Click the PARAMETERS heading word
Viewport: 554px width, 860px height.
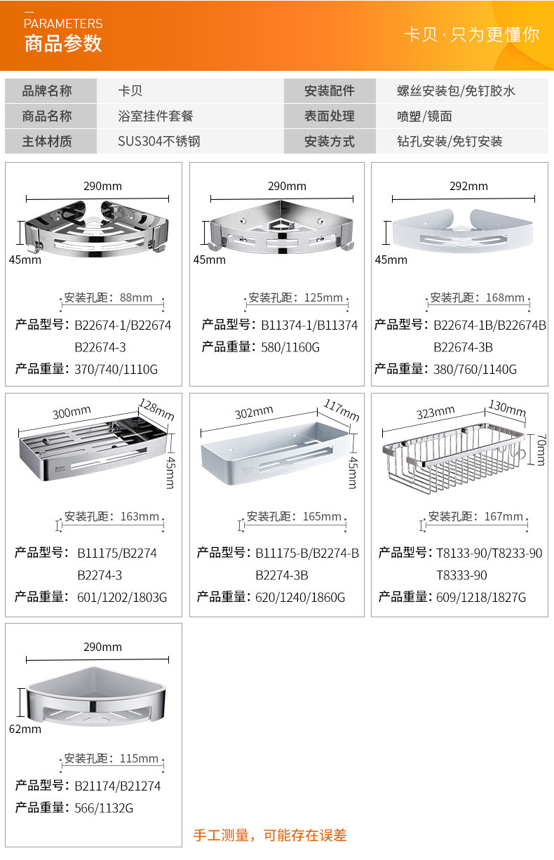pyautogui.click(x=63, y=24)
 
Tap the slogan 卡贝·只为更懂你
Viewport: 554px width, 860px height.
pyautogui.click(x=471, y=34)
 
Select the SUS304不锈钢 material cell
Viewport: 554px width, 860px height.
pyautogui.click(x=159, y=141)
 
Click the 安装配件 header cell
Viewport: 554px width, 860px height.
pyautogui.click(x=329, y=90)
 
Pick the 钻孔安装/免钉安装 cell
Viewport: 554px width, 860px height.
pyautogui.click(x=450, y=141)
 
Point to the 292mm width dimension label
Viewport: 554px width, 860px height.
pyautogui.click(x=468, y=186)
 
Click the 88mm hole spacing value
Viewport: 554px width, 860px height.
pyautogui.click(x=136, y=297)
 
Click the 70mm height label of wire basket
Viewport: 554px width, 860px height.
pyautogui.click(x=540, y=449)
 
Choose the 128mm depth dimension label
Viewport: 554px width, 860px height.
pyautogui.click(x=156, y=410)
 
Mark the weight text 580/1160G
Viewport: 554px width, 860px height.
pyautogui.click(x=290, y=347)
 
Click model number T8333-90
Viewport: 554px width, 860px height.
pyautogui.click(x=461, y=575)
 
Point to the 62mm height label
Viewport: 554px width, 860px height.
pyautogui.click(x=25, y=729)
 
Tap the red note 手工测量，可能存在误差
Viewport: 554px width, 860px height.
pyautogui.click(x=270, y=835)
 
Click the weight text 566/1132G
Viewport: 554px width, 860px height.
pyautogui.click(x=104, y=808)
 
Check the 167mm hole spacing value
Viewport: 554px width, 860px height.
pyautogui.click(x=504, y=516)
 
